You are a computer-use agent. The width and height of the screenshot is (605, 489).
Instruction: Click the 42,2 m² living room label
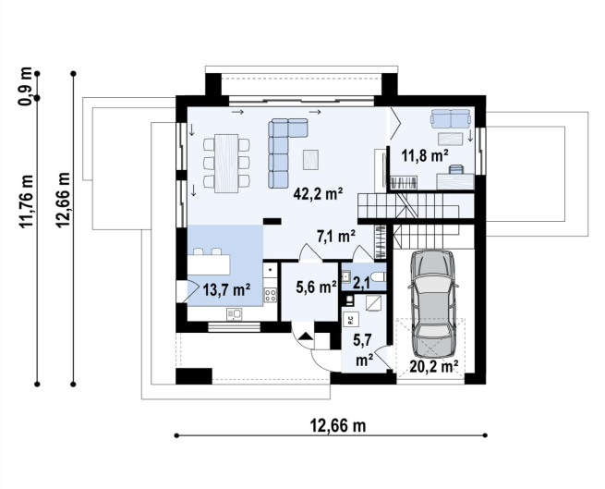(x=319, y=193)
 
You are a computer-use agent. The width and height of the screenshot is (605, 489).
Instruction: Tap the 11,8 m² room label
(x=425, y=155)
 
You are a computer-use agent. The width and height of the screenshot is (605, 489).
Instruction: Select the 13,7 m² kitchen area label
(x=226, y=289)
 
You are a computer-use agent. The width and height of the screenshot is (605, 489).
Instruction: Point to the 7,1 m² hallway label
(x=336, y=236)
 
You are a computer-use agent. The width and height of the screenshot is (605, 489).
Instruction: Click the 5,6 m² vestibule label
(x=317, y=287)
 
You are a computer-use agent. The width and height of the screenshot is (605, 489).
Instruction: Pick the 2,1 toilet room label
(x=361, y=284)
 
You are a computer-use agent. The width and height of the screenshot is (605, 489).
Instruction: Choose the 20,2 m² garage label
(x=434, y=367)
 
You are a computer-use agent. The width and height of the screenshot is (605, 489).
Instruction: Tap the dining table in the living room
(x=226, y=163)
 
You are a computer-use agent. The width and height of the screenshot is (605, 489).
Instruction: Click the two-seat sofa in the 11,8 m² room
(x=451, y=118)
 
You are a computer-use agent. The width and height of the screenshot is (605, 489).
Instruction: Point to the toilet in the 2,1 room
(x=378, y=277)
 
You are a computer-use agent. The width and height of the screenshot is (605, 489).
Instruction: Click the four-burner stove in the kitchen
(x=270, y=296)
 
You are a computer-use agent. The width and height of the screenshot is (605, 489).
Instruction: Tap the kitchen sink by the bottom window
(x=234, y=314)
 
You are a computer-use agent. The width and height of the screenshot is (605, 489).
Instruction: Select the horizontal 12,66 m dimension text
(x=338, y=425)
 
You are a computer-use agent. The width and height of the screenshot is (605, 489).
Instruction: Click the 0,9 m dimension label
(x=26, y=86)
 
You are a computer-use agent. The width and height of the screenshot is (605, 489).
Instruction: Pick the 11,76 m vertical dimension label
(x=27, y=202)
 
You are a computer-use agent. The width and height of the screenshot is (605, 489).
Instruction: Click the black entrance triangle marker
(x=306, y=336)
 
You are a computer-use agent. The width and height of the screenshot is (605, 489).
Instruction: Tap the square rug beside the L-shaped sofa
(x=312, y=160)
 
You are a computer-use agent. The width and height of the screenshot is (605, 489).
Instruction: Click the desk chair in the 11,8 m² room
(x=456, y=169)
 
